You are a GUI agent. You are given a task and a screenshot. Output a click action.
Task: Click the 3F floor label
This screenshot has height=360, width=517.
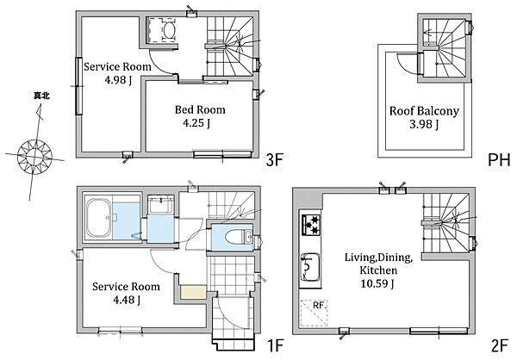point(274,160)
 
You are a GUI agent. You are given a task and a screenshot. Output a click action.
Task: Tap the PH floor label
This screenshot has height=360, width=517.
point(499,160)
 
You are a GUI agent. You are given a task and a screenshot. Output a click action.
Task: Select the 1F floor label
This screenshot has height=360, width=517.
point(274,346)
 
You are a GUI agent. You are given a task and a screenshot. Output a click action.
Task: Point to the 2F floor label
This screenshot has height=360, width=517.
point(500,346)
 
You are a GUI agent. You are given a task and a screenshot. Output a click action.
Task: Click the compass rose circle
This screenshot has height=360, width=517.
point(34,156)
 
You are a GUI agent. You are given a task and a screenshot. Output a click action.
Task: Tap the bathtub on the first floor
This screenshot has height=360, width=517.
point(98,218)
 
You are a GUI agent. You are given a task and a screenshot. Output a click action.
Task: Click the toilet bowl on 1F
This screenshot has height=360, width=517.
point(234,237)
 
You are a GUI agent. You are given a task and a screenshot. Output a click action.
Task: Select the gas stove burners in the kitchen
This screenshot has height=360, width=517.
point(311,225)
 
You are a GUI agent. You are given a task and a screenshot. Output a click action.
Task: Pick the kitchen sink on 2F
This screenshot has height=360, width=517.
point(310,267)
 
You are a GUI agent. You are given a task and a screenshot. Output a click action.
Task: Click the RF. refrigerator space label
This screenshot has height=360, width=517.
point(319,306)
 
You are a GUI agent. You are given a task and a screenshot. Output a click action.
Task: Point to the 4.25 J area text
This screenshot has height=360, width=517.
point(196,123)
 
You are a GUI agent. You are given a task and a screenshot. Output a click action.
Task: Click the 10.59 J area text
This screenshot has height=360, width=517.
point(377,283)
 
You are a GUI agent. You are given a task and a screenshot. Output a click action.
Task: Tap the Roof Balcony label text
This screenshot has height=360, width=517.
point(424,111)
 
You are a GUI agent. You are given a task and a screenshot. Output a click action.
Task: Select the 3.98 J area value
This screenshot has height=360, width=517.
point(424,124)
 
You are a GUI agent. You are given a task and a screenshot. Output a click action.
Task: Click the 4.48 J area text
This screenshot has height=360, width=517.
point(127,300)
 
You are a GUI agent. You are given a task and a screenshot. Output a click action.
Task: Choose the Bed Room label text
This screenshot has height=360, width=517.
point(200,109)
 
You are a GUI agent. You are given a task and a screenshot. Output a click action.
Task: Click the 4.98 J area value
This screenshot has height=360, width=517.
point(118,80)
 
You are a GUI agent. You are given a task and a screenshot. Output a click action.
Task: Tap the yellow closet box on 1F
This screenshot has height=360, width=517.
point(194,293)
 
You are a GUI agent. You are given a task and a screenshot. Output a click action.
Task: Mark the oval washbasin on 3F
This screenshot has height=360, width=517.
point(169,30)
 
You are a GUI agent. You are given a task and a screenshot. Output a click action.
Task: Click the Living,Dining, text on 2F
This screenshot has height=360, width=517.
point(379,258)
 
